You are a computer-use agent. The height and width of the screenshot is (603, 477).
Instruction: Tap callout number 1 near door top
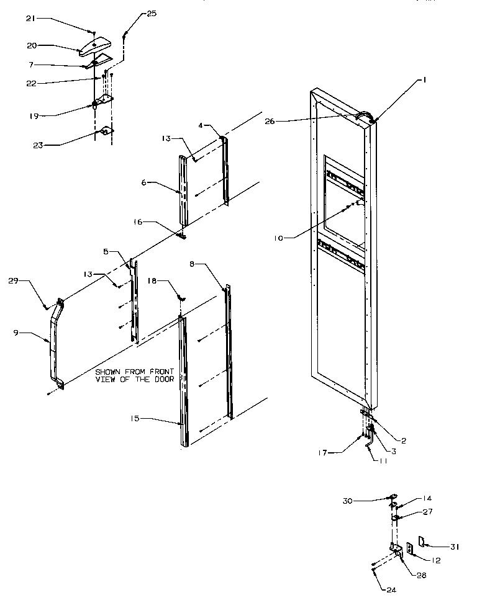coord(426,79)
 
